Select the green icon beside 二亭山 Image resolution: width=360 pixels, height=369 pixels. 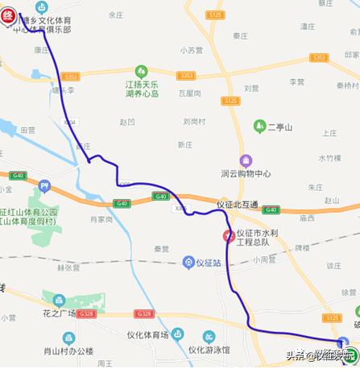pos(259,126)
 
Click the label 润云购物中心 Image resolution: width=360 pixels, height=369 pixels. pos(246,173)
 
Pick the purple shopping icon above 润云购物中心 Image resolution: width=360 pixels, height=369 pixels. pos(246,160)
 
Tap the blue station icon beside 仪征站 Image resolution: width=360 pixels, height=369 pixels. pos(188,262)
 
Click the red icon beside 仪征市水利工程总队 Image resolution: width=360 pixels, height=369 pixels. pos(229,236)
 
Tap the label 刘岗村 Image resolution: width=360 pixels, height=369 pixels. pos(196,122)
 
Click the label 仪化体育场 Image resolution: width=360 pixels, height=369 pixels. pos(147,334)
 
